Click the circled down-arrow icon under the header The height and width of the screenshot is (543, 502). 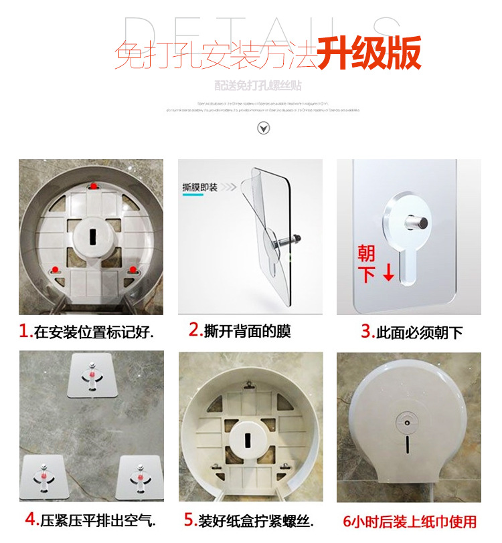[x=264, y=128]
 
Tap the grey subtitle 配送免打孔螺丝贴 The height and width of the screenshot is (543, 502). [x=258, y=86]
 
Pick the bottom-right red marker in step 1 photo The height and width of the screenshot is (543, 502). [x=133, y=269]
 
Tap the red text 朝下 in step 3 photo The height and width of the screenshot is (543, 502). [x=366, y=263]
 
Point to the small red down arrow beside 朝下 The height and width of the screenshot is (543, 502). [x=388, y=274]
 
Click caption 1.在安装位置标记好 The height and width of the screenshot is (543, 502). [x=86, y=331]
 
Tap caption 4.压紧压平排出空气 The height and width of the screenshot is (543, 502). [x=90, y=519]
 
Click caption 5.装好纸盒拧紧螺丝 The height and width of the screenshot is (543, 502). [x=249, y=520]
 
